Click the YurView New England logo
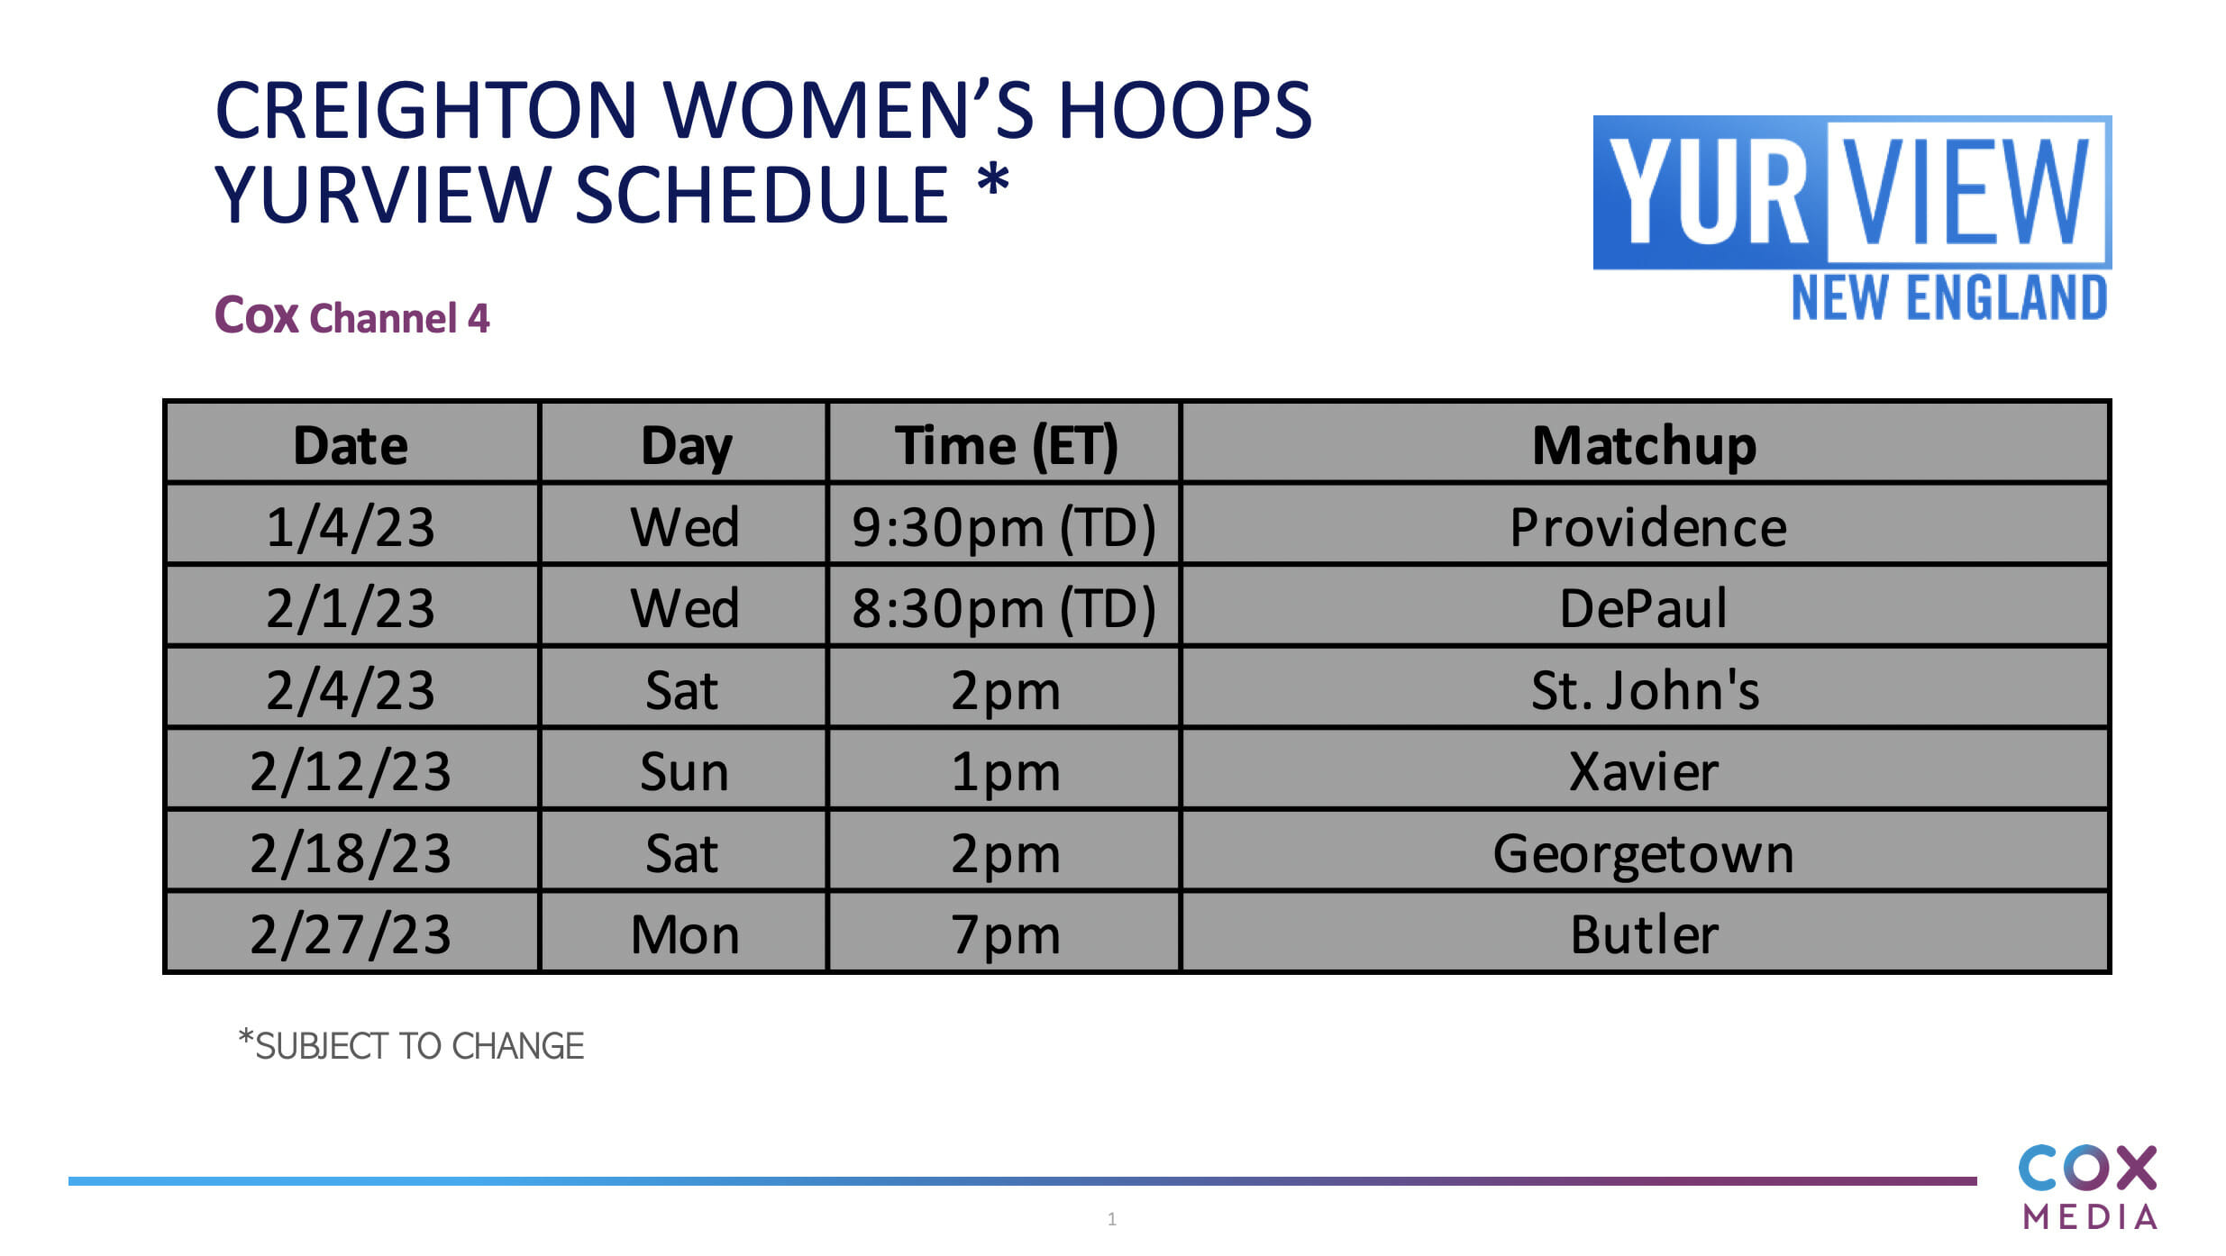coord(1852,218)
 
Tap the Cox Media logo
coord(2087,1188)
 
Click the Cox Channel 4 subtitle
coord(351,316)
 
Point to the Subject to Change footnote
coord(411,1045)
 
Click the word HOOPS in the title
coord(1184,110)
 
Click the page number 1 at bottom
coord(1112,1219)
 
